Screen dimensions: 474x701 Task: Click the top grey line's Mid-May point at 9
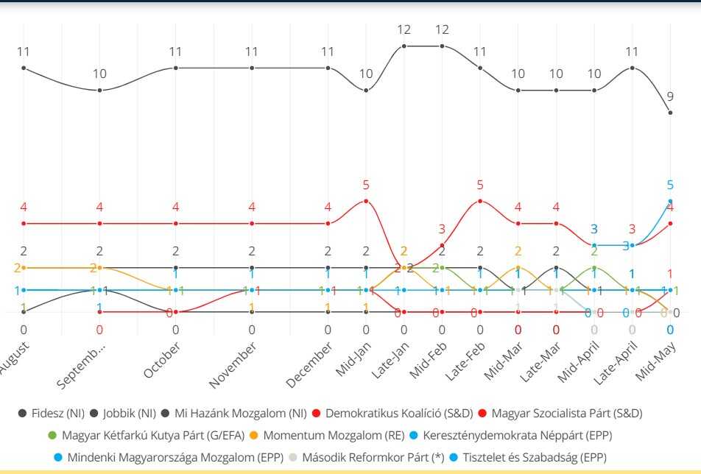pyautogui.click(x=670, y=113)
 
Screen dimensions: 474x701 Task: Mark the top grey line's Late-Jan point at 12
pyautogui.click(x=404, y=46)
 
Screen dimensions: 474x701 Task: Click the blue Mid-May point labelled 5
pyautogui.click(x=670, y=201)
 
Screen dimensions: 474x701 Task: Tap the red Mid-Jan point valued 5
pyautogui.click(x=366, y=201)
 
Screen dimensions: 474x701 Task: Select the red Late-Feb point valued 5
pyautogui.click(x=480, y=201)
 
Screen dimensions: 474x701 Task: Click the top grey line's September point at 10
pyautogui.click(x=99, y=91)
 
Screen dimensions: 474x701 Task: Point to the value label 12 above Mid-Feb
pyautogui.click(x=442, y=30)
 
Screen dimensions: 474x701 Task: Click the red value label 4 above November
pyautogui.click(x=252, y=207)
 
